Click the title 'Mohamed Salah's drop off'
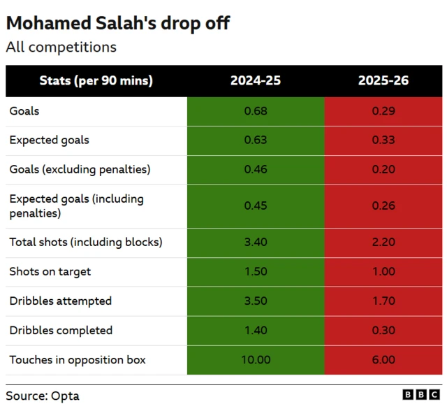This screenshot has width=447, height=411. coord(118,23)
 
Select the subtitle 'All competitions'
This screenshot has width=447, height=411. coord(61,48)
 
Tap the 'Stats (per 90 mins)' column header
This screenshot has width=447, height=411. coord(96,81)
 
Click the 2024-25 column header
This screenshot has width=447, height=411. coord(256,81)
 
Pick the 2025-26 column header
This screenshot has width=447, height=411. coord(383,81)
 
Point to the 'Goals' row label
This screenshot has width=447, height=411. coord(24,111)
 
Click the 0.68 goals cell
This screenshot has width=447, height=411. coord(256,111)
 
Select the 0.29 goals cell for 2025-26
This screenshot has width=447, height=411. coord(383,111)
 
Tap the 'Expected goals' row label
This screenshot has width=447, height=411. coord(49,140)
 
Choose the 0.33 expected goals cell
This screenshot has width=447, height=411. coord(383,140)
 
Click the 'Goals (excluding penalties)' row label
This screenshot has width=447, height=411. coord(80,170)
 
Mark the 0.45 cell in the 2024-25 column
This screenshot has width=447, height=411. coord(256,206)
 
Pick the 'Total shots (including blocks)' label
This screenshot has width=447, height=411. coord(85,243)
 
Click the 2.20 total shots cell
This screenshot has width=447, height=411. coord(383,243)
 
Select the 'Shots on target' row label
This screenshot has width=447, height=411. coord(50,272)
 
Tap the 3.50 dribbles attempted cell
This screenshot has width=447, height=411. coord(256,301)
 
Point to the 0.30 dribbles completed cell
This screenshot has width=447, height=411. coord(383,331)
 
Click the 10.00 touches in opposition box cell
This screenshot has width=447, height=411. coord(256,360)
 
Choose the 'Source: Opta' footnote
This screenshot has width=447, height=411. coord(43,396)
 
